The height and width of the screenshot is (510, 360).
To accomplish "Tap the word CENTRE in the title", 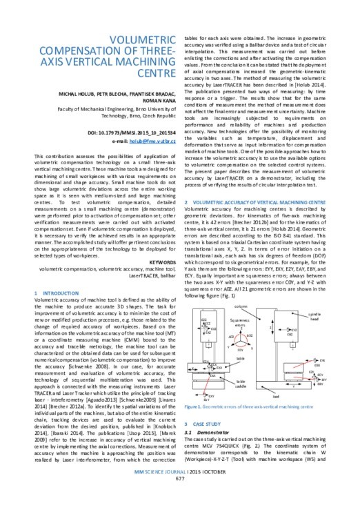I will click(x=106, y=72).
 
